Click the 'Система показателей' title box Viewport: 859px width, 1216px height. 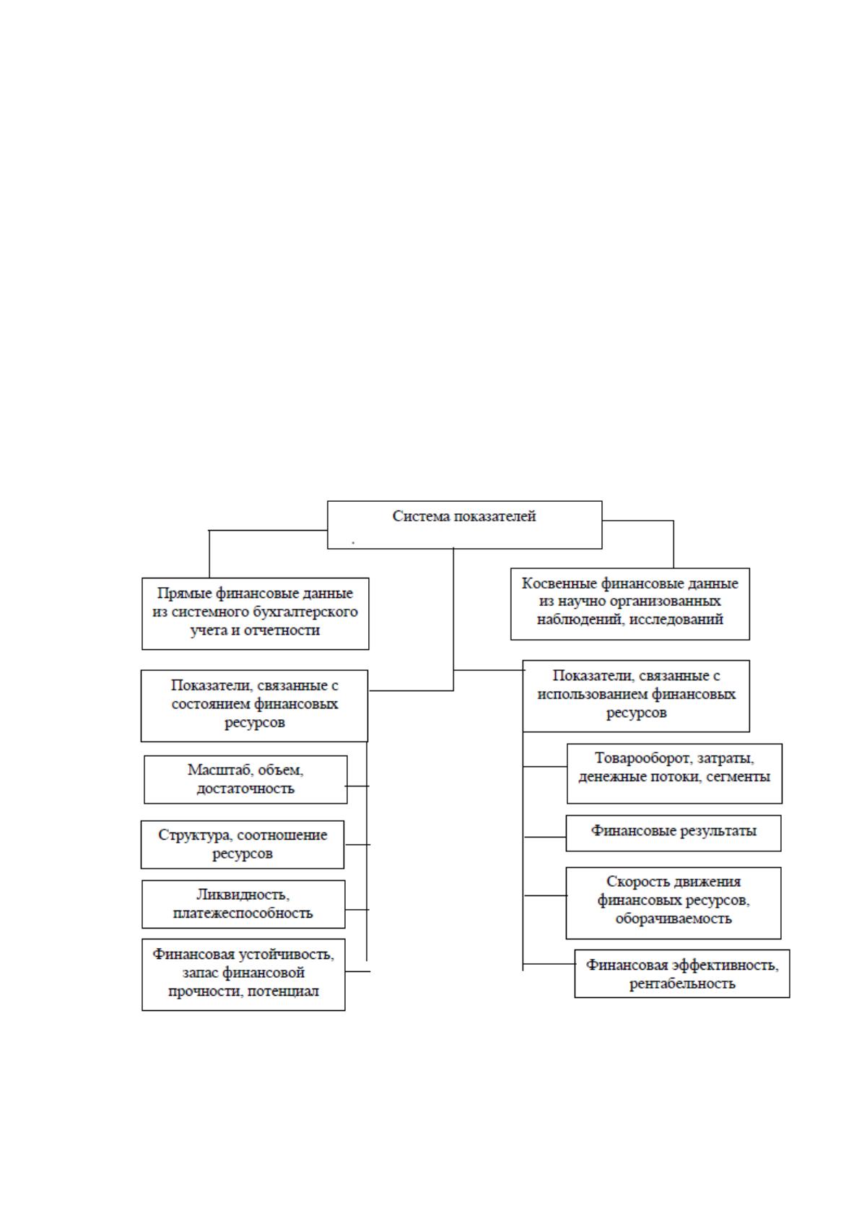coord(464,524)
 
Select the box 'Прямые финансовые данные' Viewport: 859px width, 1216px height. coord(255,614)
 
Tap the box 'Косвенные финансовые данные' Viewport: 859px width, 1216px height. coord(630,604)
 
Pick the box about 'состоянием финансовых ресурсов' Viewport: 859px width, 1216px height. coord(254,705)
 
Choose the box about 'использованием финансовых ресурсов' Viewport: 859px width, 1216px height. coord(636,696)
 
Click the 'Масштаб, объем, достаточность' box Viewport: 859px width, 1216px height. coord(245,780)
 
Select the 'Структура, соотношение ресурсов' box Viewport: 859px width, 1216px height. coord(242,845)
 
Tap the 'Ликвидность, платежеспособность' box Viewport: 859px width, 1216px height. coord(243,904)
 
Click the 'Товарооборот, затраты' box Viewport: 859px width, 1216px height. coord(674,773)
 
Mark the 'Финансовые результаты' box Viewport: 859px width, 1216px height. coord(673,833)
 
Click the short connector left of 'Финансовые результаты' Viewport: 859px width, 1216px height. coord(545,837)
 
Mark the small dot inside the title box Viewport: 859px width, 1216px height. coord(353,542)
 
